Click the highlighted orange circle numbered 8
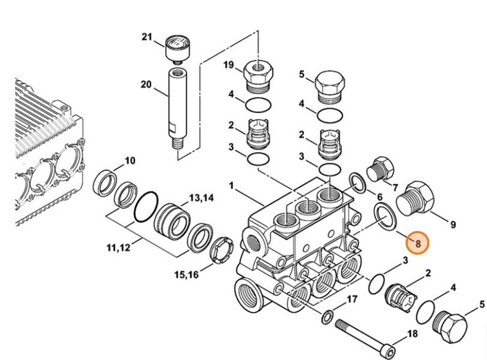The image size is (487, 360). click(417, 244)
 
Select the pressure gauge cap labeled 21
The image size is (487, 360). click(176, 47)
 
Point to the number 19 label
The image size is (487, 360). click(228, 64)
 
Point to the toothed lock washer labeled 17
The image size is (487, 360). click(326, 318)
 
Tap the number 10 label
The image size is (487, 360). click(130, 160)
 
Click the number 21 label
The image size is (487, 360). click(147, 36)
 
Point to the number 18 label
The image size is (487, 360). click(412, 334)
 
